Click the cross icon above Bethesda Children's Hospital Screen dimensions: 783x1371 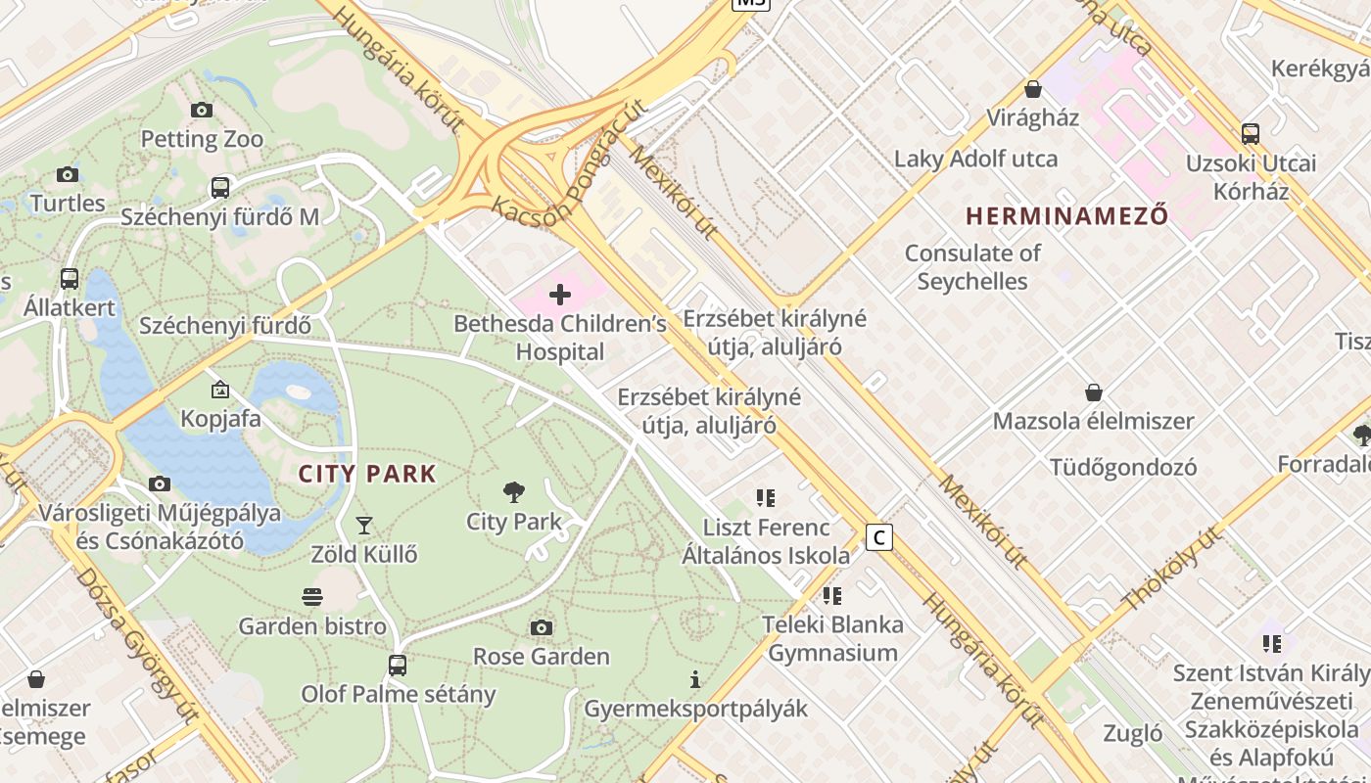point(560,294)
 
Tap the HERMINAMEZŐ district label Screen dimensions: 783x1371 point(1066,215)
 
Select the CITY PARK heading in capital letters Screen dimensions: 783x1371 point(367,475)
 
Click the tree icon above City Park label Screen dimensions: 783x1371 point(513,492)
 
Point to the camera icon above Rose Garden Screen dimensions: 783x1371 point(541,627)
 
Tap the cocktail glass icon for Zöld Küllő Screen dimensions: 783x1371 point(363,526)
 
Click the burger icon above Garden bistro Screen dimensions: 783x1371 point(312,597)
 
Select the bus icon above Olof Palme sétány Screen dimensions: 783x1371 point(397,666)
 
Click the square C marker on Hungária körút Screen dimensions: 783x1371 point(879,537)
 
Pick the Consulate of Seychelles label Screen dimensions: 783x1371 point(972,267)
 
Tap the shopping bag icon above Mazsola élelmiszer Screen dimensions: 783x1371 point(1094,392)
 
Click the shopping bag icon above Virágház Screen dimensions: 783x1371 point(1032,89)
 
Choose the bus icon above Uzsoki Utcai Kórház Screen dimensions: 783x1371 point(1250,133)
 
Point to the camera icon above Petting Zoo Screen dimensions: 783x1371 point(202,110)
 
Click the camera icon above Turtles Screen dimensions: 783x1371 point(68,174)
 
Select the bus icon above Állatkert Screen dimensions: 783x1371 point(70,278)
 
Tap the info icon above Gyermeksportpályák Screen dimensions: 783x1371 point(695,679)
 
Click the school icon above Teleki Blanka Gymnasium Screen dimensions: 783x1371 point(831,595)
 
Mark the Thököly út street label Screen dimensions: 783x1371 point(1172,569)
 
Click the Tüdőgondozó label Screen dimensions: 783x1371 point(1123,467)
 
